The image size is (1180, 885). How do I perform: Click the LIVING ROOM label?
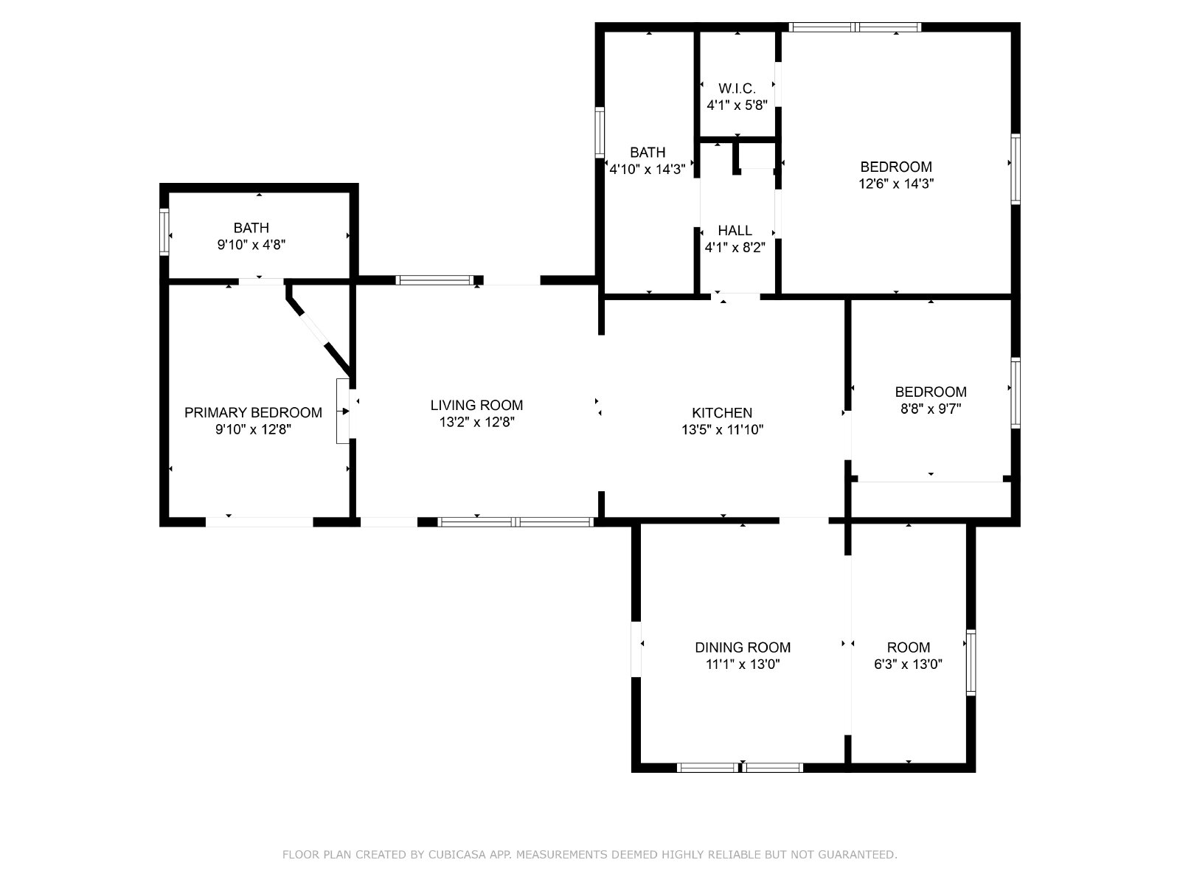[x=476, y=405]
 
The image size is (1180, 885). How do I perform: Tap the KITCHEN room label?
[x=722, y=413]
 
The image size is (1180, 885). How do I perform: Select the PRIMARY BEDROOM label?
[x=253, y=413]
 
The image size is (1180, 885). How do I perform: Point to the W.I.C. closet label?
[x=737, y=88]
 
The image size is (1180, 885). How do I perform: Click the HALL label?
[x=735, y=231]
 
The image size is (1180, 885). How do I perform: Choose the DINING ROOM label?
[x=743, y=648]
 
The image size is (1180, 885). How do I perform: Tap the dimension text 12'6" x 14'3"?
[x=895, y=184]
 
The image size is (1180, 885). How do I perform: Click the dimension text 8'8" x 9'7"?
[x=931, y=409]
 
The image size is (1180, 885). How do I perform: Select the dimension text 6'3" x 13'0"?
[x=908, y=664]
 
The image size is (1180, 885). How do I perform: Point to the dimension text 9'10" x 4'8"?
[x=251, y=245]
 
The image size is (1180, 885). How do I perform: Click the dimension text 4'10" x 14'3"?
[x=648, y=170]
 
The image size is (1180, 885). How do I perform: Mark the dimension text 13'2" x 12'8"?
[x=477, y=423]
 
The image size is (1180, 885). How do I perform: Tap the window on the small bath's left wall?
[x=164, y=232]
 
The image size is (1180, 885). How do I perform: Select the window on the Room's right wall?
[x=971, y=662]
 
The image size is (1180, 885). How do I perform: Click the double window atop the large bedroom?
[x=855, y=27]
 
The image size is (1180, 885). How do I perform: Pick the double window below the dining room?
[x=740, y=768]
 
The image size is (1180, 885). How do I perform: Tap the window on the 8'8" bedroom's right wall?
[x=1016, y=393]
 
